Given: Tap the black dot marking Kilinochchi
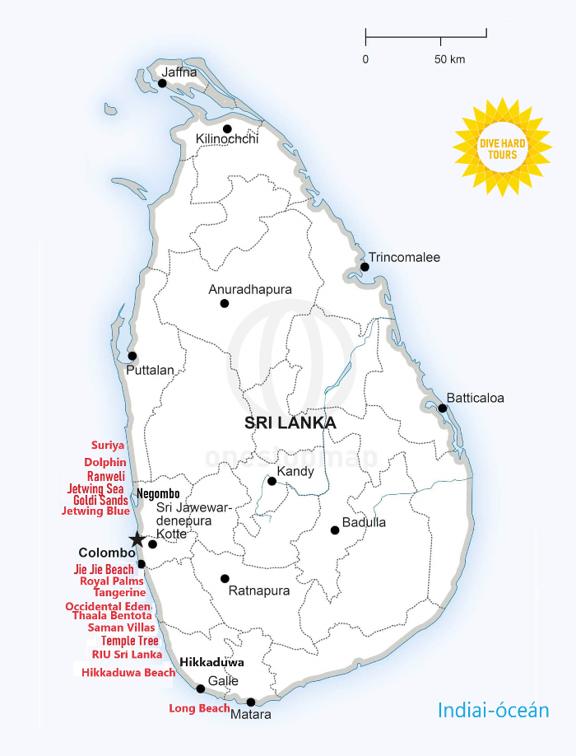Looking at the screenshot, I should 227,128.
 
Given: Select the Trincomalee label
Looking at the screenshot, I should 404,258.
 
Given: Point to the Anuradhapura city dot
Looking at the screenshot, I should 225,303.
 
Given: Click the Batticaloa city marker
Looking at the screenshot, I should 442,408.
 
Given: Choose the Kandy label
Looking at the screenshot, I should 295,472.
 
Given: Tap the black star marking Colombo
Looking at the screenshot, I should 137,540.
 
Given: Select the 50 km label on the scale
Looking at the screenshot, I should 449,59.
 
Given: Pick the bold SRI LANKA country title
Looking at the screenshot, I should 290,423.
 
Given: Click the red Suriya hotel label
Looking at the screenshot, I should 108,446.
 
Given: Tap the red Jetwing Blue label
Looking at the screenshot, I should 95,511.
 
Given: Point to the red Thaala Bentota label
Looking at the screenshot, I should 112,615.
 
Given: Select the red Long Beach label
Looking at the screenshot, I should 199,708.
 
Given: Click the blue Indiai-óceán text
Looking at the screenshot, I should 493,710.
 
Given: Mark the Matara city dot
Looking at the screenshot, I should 251,702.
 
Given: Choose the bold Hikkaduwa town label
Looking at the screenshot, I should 211,662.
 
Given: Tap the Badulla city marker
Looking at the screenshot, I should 335,530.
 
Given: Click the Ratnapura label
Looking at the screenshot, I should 258,590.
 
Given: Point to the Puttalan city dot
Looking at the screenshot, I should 132,356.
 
